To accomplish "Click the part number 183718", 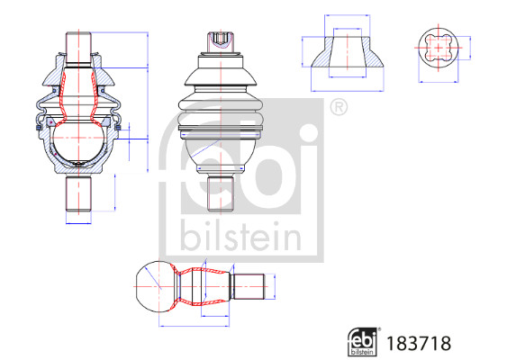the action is coord(419,344).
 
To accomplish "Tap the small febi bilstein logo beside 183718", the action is coord(363,342).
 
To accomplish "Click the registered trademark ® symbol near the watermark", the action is coord(339,107).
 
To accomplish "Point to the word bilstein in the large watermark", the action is coord(240,235).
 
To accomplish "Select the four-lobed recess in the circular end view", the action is coord(439,48).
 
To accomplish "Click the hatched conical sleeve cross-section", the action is coord(348,52).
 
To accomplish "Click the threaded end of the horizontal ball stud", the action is coord(249,286).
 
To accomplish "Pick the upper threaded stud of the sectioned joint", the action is coord(78,48).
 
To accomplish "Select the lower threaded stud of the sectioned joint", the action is coord(78,193).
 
